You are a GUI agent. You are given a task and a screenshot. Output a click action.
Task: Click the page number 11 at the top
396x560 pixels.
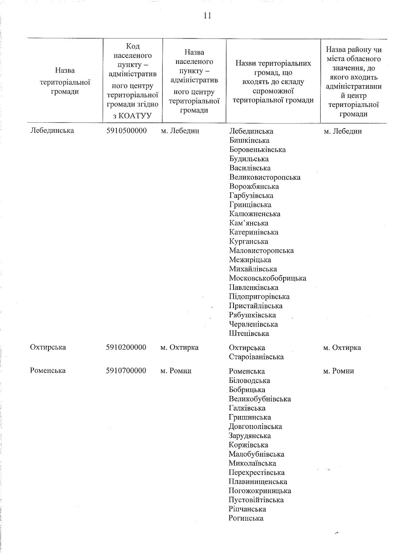pyautogui.click(x=207, y=16)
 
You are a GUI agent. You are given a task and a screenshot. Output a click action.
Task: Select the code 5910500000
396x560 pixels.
pyautogui.click(x=126, y=131)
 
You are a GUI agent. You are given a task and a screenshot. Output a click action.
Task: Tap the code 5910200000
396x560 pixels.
pyautogui.click(x=126, y=347)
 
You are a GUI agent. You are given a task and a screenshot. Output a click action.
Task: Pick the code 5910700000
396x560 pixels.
pyautogui.click(x=126, y=371)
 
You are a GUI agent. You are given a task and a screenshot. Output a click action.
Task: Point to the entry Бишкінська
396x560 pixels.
pyautogui.click(x=249, y=140)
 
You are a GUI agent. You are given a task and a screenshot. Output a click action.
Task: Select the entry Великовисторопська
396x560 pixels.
pyautogui.click(x=265, y=177)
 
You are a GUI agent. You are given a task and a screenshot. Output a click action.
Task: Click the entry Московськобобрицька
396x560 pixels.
pyautogui.click(x=267, y=278)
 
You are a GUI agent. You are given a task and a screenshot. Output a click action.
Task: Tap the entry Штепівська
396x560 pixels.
pyautogui.click(x=249, y=334)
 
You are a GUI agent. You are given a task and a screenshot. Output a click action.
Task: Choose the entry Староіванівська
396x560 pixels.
pyautogui.click(x=256, y=357)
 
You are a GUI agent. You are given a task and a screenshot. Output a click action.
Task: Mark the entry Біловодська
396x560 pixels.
pyautogui.click(x=249, y=381)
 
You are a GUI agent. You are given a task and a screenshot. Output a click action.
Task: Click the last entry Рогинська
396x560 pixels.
pyautogui.click(x=246, y=518)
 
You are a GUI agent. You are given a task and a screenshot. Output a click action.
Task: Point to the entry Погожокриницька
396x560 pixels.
pyautogui.click(x=260, y=491)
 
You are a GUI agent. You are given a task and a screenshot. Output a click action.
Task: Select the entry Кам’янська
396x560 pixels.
pyautogui.click(x=249, y=223)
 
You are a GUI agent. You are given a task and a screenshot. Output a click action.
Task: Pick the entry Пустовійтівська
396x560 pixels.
pyautogui.click(x=256, y=500)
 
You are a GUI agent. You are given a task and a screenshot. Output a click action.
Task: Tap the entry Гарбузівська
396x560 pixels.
pyautogui.click(x=251, y=196)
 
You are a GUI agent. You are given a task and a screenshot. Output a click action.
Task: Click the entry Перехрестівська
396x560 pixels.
pyautogui.click(x=256, y=473)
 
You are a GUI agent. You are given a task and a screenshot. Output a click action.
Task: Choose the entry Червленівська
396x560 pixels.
pyautogui.click(x=253, y=324)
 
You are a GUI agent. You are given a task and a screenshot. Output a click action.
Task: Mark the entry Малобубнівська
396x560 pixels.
pyautogui.click(x=256, y=454)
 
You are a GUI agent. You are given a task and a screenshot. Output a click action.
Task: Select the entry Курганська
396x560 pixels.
pyautogui.click(x=249, y=242)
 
